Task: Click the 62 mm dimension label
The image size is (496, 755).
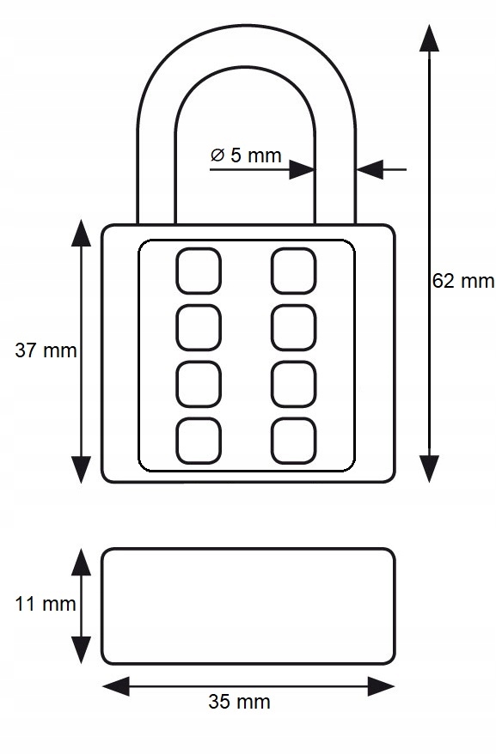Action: point(462,281)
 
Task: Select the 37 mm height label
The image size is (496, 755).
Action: point(46,350)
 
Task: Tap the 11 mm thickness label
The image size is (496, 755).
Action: point(46,604)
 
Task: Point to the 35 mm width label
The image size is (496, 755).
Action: point(239,702)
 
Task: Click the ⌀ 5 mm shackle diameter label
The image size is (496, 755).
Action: point(246,155)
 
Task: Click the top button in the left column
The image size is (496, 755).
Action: point(199,271)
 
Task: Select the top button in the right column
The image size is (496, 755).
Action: point(293,271)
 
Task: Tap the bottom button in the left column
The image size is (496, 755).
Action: point(199,441)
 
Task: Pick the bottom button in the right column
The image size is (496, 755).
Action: point(293,441)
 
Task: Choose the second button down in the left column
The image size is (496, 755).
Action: point(199,327)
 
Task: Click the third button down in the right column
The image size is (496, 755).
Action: point(293,384)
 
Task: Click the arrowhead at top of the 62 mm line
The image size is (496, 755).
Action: point(429,38)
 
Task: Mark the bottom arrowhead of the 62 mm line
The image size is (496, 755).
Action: point(429,468)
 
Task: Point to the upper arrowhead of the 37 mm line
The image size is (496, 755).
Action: point(81,233)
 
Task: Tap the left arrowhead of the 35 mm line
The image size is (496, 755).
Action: point(116,686)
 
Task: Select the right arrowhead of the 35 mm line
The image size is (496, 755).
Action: point(382,686)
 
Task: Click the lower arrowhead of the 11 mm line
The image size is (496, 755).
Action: point(81,650)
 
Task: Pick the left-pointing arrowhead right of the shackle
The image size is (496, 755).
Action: point(370,169)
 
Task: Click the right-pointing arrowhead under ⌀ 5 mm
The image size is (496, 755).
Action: point(302,169)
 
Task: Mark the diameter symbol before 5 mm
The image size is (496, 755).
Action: point(217,155)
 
